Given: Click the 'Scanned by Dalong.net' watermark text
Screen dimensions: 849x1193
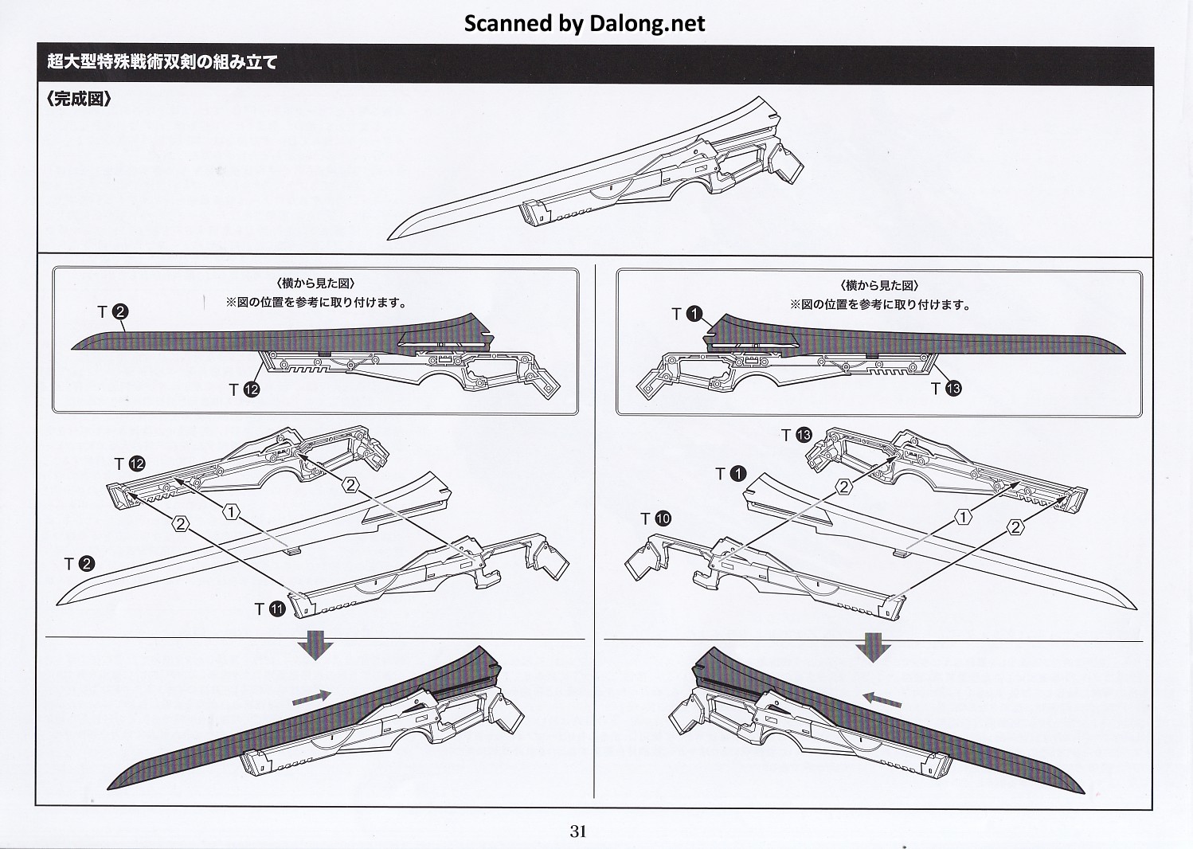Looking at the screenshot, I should (585, 23).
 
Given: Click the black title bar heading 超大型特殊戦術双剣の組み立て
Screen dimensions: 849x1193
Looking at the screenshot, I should (162, 63).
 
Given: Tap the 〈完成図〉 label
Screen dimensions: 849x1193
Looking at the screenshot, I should (79, 101).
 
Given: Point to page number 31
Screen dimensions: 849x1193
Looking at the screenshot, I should (578, 831).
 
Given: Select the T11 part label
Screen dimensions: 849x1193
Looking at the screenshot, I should (270, 609).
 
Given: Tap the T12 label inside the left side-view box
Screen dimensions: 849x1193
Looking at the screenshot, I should (244, 389).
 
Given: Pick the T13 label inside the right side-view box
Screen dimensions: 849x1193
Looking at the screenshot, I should (946, 389).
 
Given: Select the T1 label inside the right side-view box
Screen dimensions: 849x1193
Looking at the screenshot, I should (686, 315).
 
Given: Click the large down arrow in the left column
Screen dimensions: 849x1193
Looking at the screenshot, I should (316, 644).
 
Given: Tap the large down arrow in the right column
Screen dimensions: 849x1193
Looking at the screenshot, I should (873, 647).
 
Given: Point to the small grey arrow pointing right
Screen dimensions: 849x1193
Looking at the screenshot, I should (311, 696).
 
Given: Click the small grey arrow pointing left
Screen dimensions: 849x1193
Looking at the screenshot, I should (884, 698).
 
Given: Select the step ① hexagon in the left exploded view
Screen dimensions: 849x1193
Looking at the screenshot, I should (231, 513).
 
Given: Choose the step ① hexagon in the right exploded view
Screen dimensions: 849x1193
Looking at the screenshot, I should (963, 518).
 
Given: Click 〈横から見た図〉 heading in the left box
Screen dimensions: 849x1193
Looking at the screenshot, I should (316, 284).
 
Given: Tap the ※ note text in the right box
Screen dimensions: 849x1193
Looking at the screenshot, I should (879, 304).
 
